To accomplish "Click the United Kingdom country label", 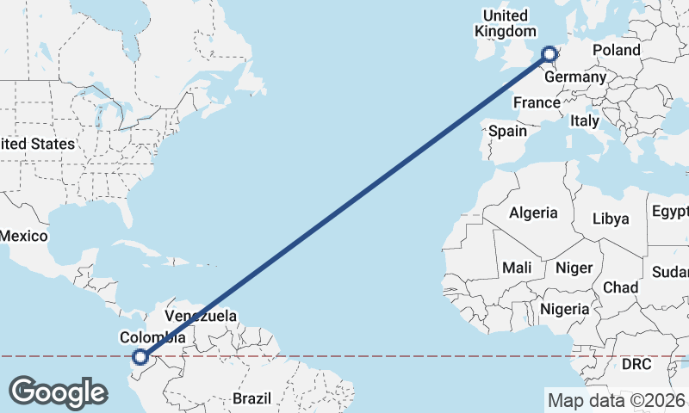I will tap(505, 23).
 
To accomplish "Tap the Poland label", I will tap(616, 51).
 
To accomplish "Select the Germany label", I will tap(575, 77).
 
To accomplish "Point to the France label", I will tap(537, 102).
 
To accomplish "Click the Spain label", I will tap(507, 132).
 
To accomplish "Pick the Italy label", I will tap(583, 121).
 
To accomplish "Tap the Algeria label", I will tap(533, 213).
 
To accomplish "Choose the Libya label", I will tap(611, 219).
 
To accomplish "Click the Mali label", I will tap(517, 268).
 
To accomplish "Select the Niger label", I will tap(574, 268).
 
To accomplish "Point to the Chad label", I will tap(620, 287).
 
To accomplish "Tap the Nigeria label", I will tap(565, 309).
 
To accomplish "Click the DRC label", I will tap(637, 364).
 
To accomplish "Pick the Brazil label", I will tap(251, 398).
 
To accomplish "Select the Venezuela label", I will tap(201, 316).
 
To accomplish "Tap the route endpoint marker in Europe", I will tap(549, 55).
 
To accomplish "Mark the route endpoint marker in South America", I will tap(140, 356).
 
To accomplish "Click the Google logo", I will tap(58, 392).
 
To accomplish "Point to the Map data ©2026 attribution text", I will tap(617, 399).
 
